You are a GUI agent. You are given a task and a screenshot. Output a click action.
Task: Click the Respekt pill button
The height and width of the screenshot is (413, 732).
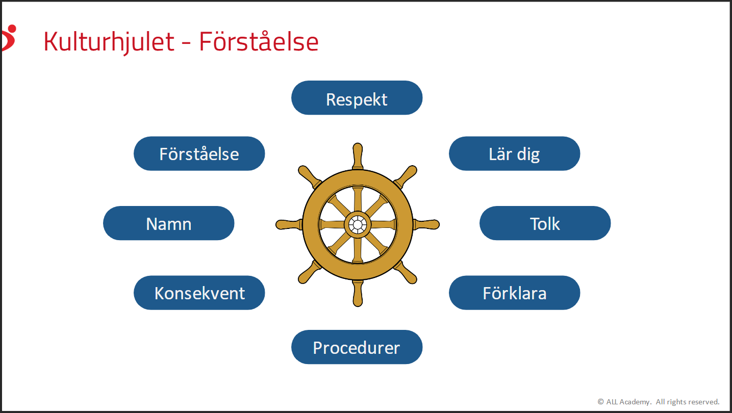click(357, 98)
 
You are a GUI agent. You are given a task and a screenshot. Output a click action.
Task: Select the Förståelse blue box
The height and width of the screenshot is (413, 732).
click(199, 153)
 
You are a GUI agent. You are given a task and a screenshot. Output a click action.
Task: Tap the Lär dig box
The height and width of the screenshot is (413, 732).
click(514, 153)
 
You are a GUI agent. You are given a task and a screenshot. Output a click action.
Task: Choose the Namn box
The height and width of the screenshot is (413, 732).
click(169, 223)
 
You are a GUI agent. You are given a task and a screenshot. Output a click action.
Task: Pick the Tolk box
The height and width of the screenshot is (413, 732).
click(545, 223)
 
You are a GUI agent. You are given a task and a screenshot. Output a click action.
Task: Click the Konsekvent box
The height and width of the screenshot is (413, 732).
click(199, 293)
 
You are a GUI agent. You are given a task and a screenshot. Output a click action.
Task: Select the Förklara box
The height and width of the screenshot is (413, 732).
click(514, 293)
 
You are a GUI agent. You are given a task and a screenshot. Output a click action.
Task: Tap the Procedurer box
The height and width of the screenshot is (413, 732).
click(357, 347)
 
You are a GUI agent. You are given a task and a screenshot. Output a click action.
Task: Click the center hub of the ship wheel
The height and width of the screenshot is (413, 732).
click(358, 225)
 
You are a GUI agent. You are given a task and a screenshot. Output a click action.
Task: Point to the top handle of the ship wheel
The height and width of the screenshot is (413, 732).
click(358, 156)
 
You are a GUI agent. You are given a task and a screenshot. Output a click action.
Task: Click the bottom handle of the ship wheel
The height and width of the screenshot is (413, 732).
click(358, 293)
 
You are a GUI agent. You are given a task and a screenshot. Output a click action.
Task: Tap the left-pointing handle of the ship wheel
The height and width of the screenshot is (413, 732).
click(289, 225)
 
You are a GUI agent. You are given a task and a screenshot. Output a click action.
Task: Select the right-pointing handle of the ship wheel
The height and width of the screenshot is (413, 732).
click(426, 225)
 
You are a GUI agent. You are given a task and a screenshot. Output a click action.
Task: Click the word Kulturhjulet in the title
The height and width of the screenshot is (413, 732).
click(109, 42)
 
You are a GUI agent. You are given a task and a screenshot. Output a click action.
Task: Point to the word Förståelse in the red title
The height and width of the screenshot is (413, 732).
click(259, 41)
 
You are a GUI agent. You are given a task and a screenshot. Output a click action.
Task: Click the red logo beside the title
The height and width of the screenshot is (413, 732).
click(9, 38)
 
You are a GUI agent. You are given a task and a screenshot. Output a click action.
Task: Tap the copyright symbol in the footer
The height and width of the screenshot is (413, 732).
click(600, 402)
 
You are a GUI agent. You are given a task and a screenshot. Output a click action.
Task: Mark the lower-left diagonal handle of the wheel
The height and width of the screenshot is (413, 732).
click(309, 272)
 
